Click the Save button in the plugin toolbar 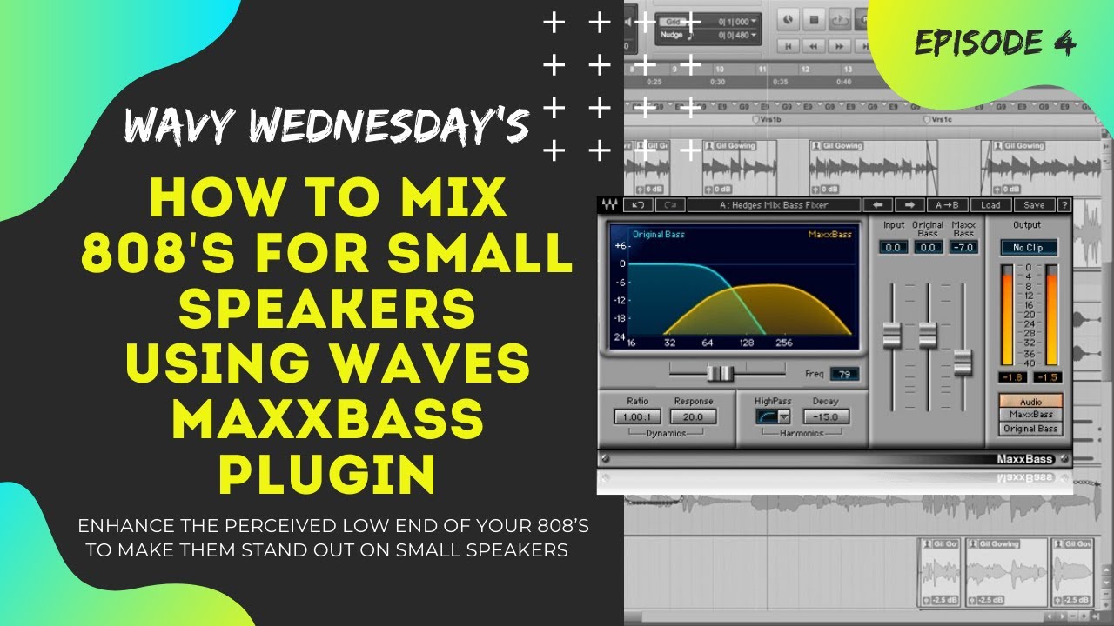point(1034,205)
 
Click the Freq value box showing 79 point(844,375)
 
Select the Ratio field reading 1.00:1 point(637,416)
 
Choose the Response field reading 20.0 point(694,416)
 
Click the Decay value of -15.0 point(825,416)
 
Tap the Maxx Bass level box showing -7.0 point(963,248)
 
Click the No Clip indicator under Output point(1028,248)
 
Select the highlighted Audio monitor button point(1030,402)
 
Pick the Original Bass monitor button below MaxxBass point(1030,429)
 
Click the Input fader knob point(892,335)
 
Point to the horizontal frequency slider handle point(720,374)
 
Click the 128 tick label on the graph point(748,343)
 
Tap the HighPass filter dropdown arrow point(784,416)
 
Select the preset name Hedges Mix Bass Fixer point(774,205)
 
